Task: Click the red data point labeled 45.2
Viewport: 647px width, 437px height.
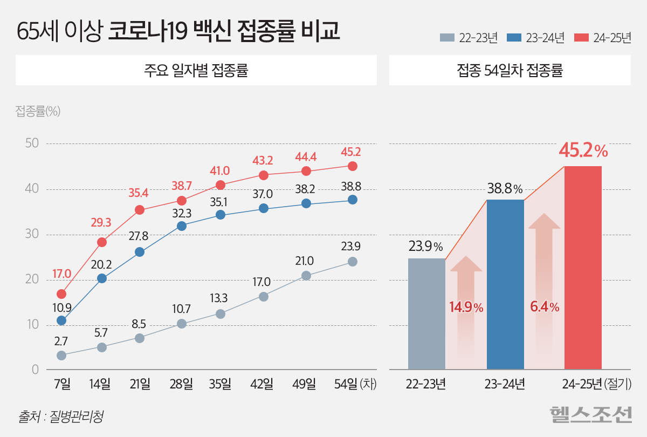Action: pos(352,166)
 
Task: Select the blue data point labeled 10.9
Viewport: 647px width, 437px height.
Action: pos(61,320)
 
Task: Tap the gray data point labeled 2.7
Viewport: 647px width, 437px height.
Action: pos(61,356)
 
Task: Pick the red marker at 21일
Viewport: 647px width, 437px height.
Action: pos(140,210)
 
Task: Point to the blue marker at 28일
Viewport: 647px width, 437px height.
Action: pos(182,226)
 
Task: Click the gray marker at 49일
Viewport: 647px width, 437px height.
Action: pos(306,276)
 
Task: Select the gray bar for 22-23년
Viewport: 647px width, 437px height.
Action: pos(426,313)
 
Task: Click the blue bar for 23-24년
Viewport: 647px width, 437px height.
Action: pos(505,284)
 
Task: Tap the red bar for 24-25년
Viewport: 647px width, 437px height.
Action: pos(583,267)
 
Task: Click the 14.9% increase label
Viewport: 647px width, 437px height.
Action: pos(466,308)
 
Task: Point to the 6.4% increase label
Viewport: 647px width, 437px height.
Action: pos(545,308)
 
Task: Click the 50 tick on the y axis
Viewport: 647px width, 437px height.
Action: pos(32,144)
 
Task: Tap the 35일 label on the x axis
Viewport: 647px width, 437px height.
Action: pos(220,384)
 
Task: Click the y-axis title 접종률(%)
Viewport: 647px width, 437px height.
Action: pos(38,111)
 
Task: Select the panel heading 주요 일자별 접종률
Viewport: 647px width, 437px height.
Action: pos(196,71)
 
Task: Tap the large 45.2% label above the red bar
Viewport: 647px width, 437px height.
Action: pos(583,151)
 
